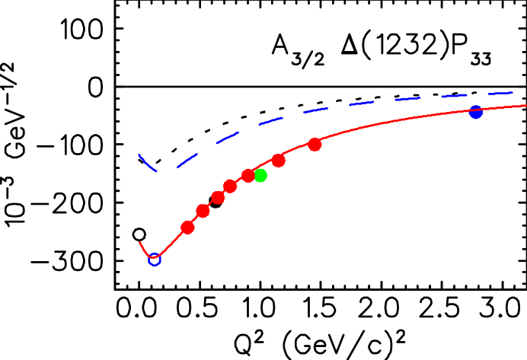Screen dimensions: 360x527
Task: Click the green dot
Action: (260, 176)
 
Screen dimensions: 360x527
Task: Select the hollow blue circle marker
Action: (154, 260)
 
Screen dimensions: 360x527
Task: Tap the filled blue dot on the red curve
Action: (476, 112)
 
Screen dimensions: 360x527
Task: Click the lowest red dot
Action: (187, 228)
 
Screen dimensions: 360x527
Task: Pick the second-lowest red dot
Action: (203, 211)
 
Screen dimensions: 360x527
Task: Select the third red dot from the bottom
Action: (218, 198)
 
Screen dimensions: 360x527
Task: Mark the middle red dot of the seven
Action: (230, 186)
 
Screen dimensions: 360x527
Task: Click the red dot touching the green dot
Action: (248, 176)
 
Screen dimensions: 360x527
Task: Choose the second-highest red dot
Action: (279, 161)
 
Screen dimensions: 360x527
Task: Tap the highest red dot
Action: (315, 145)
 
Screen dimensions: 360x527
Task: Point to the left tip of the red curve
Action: (139, 243)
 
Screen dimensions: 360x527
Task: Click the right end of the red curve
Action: (525, 106)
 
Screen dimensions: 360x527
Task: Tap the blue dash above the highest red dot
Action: (315, 111)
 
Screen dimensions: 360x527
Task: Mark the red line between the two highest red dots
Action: (297, 152)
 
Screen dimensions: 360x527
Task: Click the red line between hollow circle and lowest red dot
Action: (171, 244)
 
